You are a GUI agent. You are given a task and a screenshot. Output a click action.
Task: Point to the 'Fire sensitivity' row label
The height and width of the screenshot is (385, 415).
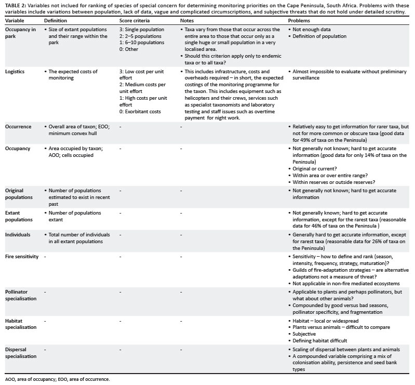point(21,257)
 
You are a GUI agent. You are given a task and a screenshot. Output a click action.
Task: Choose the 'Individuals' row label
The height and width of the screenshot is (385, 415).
point(18,235)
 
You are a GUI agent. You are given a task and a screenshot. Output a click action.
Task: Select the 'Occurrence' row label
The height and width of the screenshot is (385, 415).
point(18,126)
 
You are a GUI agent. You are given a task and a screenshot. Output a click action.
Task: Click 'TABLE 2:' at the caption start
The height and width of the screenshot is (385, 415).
point(16,4)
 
